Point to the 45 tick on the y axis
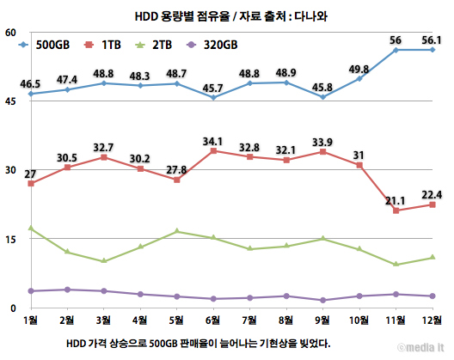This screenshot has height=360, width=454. coord(10,101)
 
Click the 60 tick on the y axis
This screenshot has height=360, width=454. coord(10,33)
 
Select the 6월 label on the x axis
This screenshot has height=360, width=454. coord(213,320)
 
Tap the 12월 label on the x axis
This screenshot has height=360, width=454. coord(432,320)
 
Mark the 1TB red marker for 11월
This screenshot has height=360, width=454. coord(396,211)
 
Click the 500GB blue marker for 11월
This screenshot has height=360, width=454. coord(396,50)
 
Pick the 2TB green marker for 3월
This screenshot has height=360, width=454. coord(103,261)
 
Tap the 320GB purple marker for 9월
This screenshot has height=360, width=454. coord(322,300)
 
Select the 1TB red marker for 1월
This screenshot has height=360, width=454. coord(30,183)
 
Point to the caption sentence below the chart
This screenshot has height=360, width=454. coord(198,342)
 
